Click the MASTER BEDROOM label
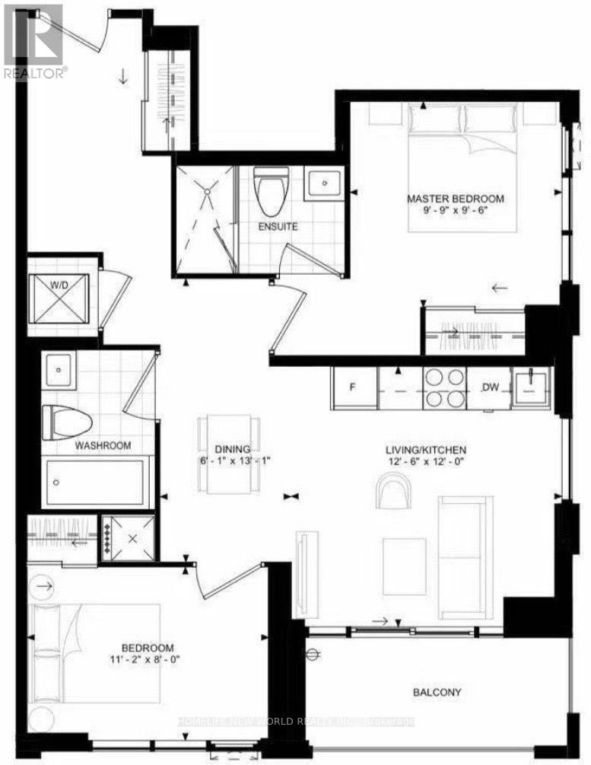pos(456,199)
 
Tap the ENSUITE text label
pos(278,227)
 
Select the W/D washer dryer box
pos(59,298)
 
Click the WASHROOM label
pos(103,445)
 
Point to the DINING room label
pos(233,449)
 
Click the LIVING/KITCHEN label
pos(426,450)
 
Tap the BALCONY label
pos(437,692)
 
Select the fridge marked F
pos(354,388)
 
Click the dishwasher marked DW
pos(490,388)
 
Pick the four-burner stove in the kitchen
pos(444,388)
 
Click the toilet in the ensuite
pos(272,192)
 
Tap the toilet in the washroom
pos(67,422)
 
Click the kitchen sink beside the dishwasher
pos(531,388)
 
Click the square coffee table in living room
pos(404,566)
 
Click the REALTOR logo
pos(33,42)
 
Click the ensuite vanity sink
pos(324,183)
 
